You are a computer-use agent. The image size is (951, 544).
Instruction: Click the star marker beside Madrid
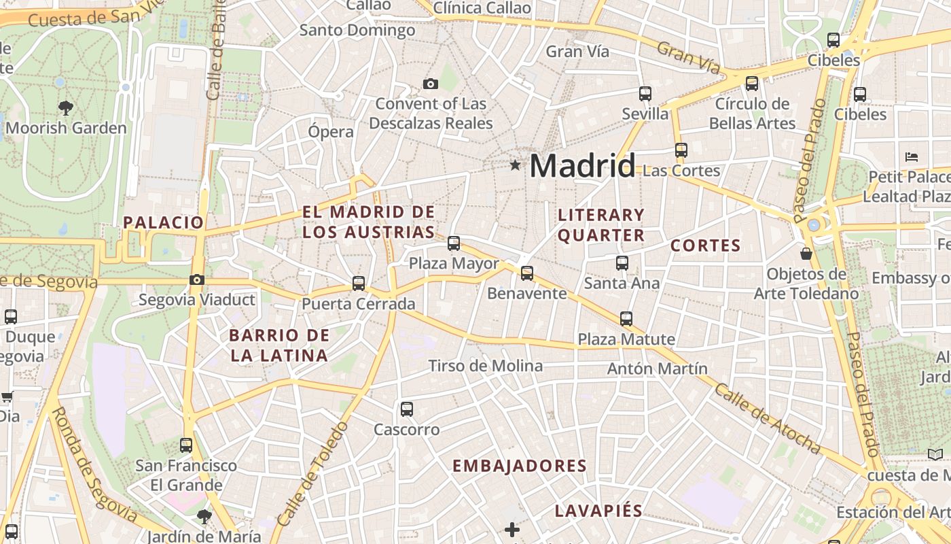[516, 165]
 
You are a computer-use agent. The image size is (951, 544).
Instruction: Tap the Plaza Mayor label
[454, 263]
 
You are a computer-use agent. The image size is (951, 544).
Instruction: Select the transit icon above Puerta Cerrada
[359, 284]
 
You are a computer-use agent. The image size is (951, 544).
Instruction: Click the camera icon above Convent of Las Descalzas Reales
[430, 84]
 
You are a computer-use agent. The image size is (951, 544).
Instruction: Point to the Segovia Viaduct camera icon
[197, 279]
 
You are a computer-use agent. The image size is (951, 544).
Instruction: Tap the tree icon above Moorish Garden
[66, 107]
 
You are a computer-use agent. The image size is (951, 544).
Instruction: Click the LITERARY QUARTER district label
[600, 225]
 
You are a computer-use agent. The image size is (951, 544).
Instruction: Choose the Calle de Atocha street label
[767, 418]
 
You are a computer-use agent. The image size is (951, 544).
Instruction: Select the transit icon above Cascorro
[407, 409]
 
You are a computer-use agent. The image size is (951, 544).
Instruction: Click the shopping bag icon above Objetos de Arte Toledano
[806, 254]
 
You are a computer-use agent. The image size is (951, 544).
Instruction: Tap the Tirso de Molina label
[485, 366]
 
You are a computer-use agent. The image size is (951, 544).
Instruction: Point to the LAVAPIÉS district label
[598, 511]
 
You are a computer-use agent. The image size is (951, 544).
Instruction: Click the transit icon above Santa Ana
[622, 263]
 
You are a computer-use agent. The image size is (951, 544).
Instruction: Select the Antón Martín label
[657, 369]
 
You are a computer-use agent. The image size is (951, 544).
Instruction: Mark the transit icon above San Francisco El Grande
[186, 445]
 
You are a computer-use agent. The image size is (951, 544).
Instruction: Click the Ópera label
[331, 132]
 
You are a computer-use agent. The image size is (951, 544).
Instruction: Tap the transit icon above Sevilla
[645, 94]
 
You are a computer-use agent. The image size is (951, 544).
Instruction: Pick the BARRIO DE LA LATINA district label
[279, 345]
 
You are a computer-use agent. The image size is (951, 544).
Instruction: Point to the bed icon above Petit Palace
[912, 157]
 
